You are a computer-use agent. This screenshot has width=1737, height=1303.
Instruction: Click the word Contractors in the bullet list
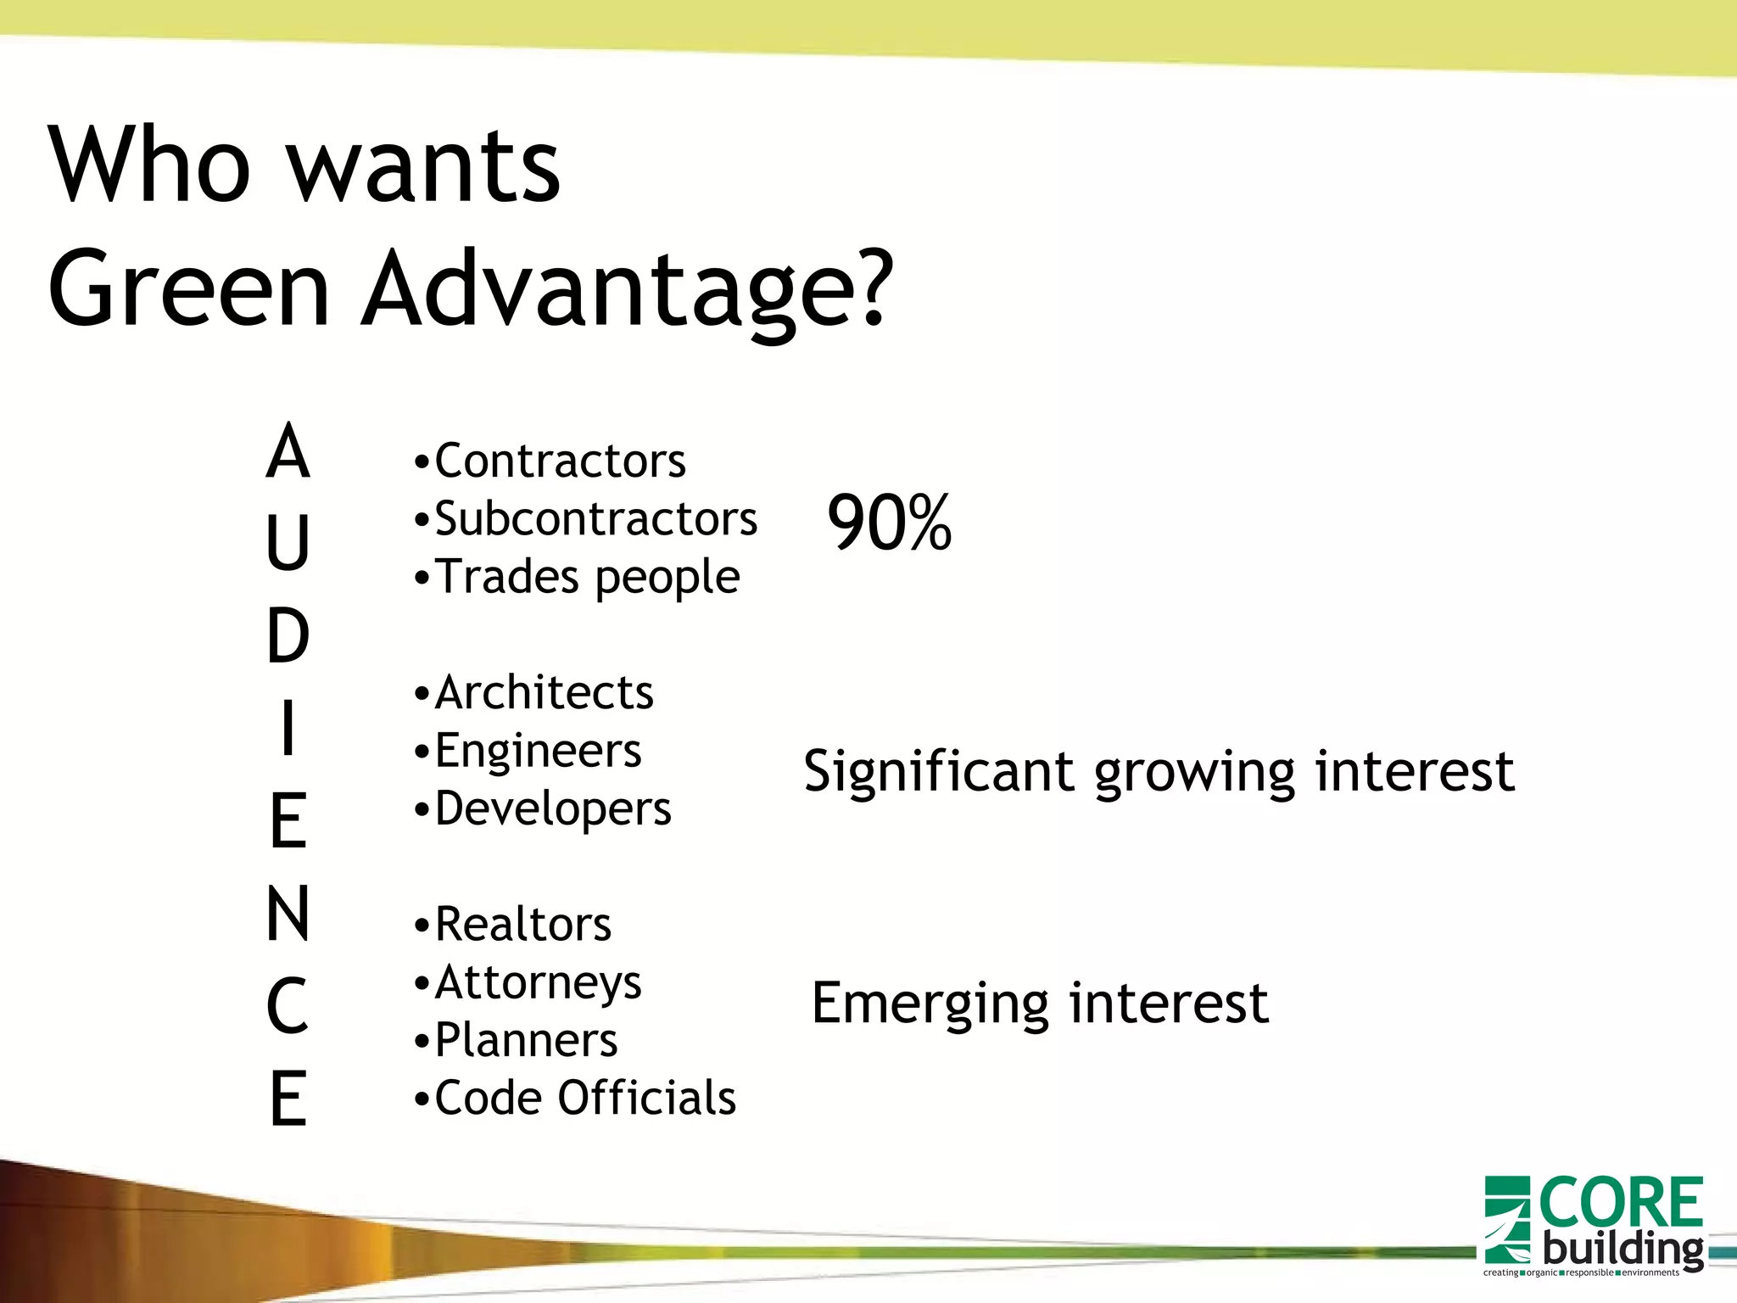point(560,461)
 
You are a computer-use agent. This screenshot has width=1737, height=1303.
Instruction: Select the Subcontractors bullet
point(595,519)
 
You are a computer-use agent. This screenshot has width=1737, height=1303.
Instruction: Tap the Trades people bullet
point(587,578)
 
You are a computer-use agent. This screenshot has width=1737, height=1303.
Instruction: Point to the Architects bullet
point(544,693)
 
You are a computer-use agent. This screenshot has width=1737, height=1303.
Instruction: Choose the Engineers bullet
point(538,751)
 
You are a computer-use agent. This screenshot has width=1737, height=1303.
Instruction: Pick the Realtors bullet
point(522,925)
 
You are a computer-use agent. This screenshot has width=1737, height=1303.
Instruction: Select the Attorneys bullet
point(538,982)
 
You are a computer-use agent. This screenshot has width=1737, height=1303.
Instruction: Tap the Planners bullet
point(526,1040)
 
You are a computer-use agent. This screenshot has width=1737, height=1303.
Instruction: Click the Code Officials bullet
point(585,1098)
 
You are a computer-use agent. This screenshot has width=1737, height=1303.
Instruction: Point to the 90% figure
point(889,523)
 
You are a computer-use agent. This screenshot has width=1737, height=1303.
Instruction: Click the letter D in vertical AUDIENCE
point(288,636)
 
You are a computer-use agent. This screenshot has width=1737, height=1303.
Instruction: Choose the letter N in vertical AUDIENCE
point(288,914)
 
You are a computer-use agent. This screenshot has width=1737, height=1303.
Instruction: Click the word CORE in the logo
point(1620,1203)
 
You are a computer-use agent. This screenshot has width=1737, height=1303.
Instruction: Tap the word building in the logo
point(1623,1250)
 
